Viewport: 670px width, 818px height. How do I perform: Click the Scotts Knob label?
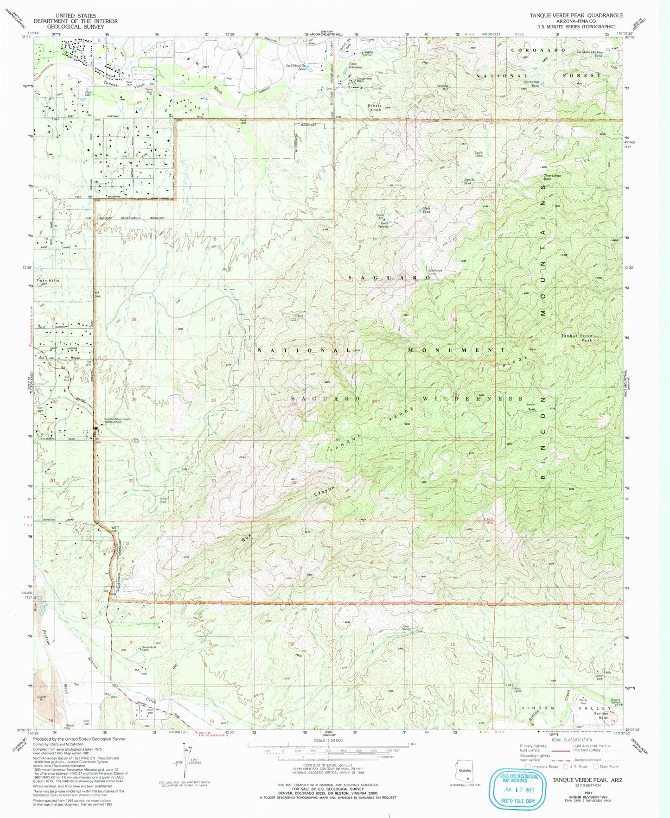[375, 108]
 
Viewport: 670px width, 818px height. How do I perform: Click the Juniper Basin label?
[531, 406]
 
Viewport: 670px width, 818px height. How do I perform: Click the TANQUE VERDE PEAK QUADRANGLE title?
[576, 15]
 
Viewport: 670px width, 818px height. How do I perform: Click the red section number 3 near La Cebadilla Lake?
[294, 77]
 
